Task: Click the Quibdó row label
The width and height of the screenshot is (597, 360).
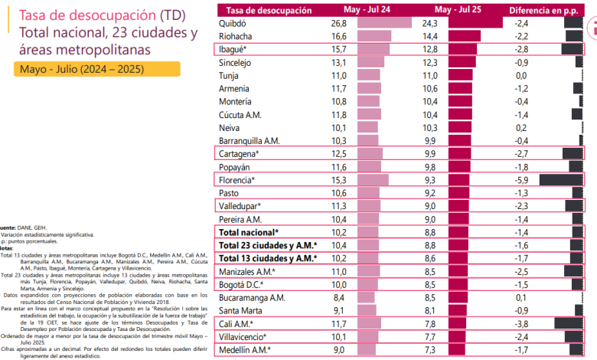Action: point(235,23)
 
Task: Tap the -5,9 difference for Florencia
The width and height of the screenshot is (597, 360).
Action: point(521,179)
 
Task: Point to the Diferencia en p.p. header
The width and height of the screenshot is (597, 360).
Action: point(542,10)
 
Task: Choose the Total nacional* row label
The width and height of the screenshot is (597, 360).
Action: point(250,231)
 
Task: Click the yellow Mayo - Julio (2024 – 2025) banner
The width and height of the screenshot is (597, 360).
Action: point(96,69)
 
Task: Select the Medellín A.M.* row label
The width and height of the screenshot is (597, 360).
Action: point(245,350)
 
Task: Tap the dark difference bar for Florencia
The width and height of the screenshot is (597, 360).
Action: point(561,179)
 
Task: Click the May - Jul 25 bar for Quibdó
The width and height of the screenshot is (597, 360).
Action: point(475,23)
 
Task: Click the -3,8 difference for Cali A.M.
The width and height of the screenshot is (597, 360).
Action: point(521,324)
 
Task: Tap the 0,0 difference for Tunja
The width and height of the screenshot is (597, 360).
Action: point(521,75)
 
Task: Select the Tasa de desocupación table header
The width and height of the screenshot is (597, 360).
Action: point(266,10)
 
